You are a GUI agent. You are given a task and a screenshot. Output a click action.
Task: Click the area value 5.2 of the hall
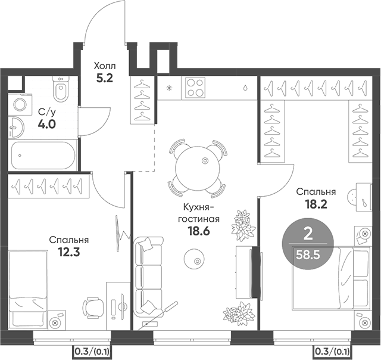pyautogui.click(x=105, y=77)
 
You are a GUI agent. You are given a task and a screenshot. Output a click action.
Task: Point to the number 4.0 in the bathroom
pyautogui.click(x=47, y=124)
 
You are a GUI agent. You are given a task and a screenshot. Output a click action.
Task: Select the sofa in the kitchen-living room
pyautogui.click(x=148, y=276)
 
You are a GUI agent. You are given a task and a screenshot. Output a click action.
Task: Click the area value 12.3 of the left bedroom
pyautogui.click(x=68, y=252)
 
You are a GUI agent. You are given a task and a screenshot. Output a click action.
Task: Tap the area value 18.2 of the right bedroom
pyautogui.click(x=316, y=204)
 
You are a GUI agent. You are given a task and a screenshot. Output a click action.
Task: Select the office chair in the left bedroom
pyautogui.click(x=92, y=305)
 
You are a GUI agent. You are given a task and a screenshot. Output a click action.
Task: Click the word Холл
pyautogui.click(x=105, y=65)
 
